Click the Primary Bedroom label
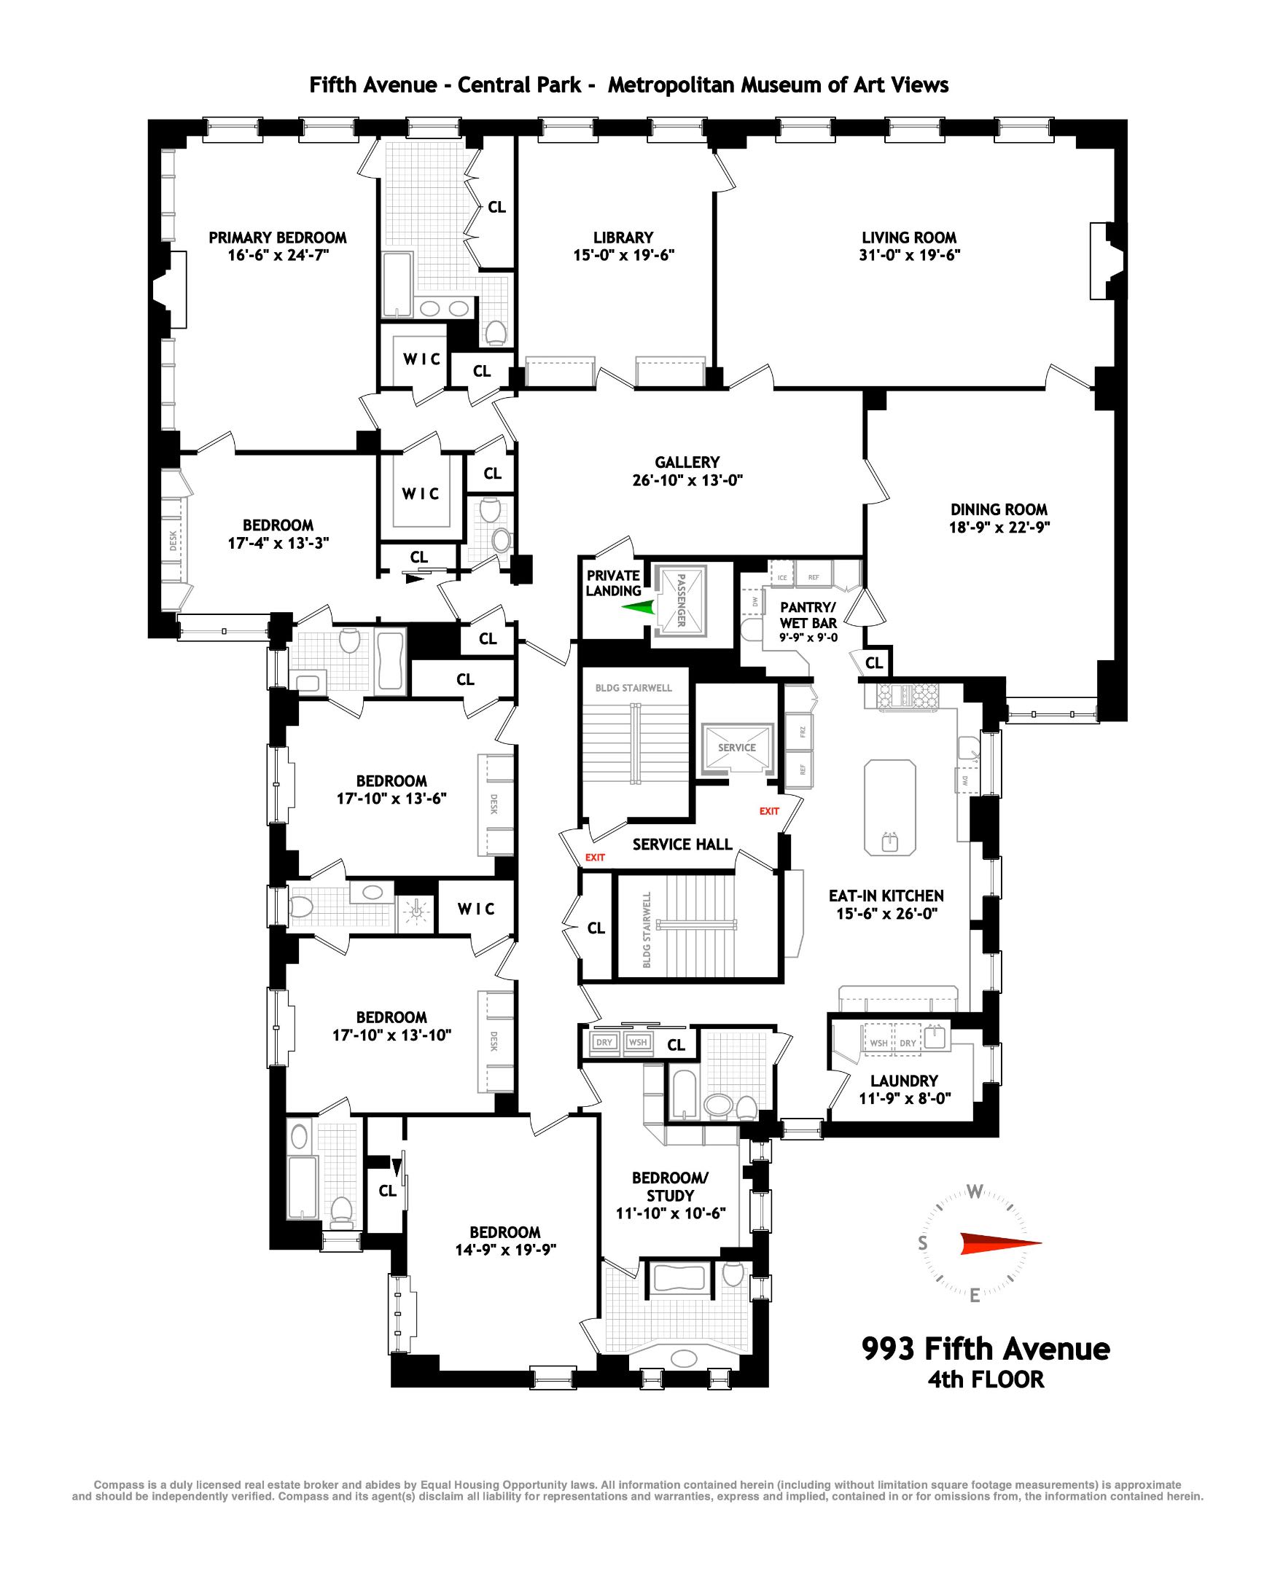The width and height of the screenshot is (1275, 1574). click(278, 238)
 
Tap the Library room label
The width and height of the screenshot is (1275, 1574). click(623, 238)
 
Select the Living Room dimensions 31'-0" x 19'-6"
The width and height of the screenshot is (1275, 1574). click(908, 256)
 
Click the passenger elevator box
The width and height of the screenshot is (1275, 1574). click(680, 600)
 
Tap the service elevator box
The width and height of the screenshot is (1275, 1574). click(737, 748)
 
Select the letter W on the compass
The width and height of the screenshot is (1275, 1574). click(975, 1192)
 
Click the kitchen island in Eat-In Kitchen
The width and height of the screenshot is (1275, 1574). click(890, 807)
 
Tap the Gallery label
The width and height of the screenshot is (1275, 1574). click(687, 463)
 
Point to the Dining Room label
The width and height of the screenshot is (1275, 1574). click(999, 509)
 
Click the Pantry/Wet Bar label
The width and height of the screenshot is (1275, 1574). click(808, 615)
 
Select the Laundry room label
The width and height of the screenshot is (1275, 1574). click(904, 1081)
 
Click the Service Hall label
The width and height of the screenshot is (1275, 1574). click(682, 845)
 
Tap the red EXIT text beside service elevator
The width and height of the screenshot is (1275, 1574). click(769, 811)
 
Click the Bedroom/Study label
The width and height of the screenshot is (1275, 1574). click(670, 1186)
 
